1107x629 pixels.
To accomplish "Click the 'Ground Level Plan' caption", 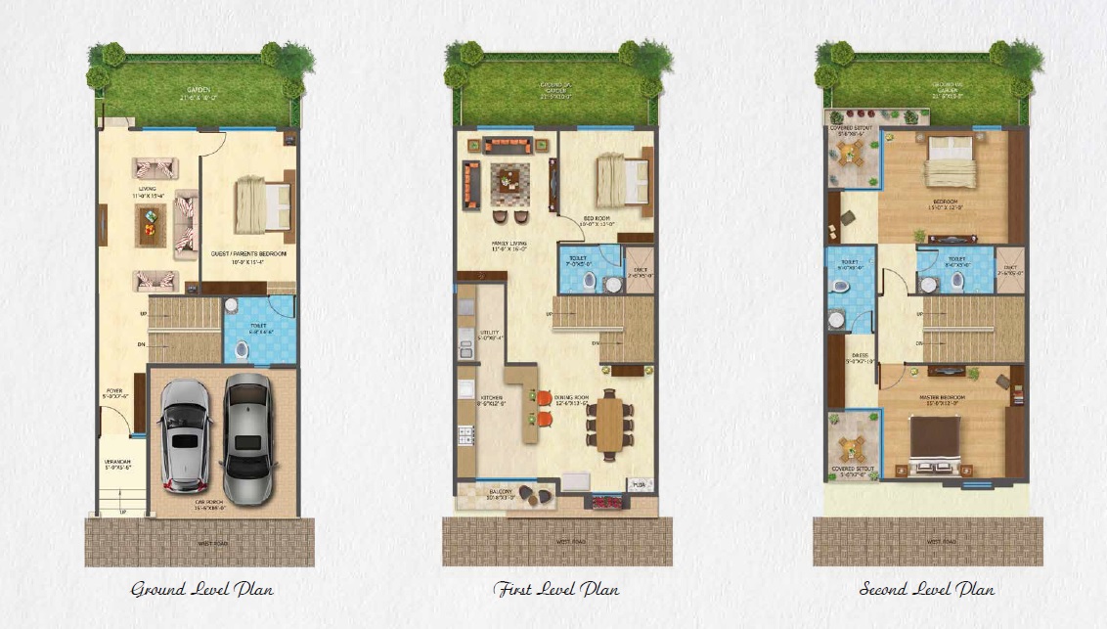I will tap(202, 589).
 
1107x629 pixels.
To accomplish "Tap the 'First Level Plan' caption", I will tap(555, 589).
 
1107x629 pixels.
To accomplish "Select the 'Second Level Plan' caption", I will tap(926, 589).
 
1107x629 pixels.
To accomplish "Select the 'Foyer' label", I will tap(114, 391).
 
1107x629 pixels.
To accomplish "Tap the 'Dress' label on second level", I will tap(860, 355).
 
